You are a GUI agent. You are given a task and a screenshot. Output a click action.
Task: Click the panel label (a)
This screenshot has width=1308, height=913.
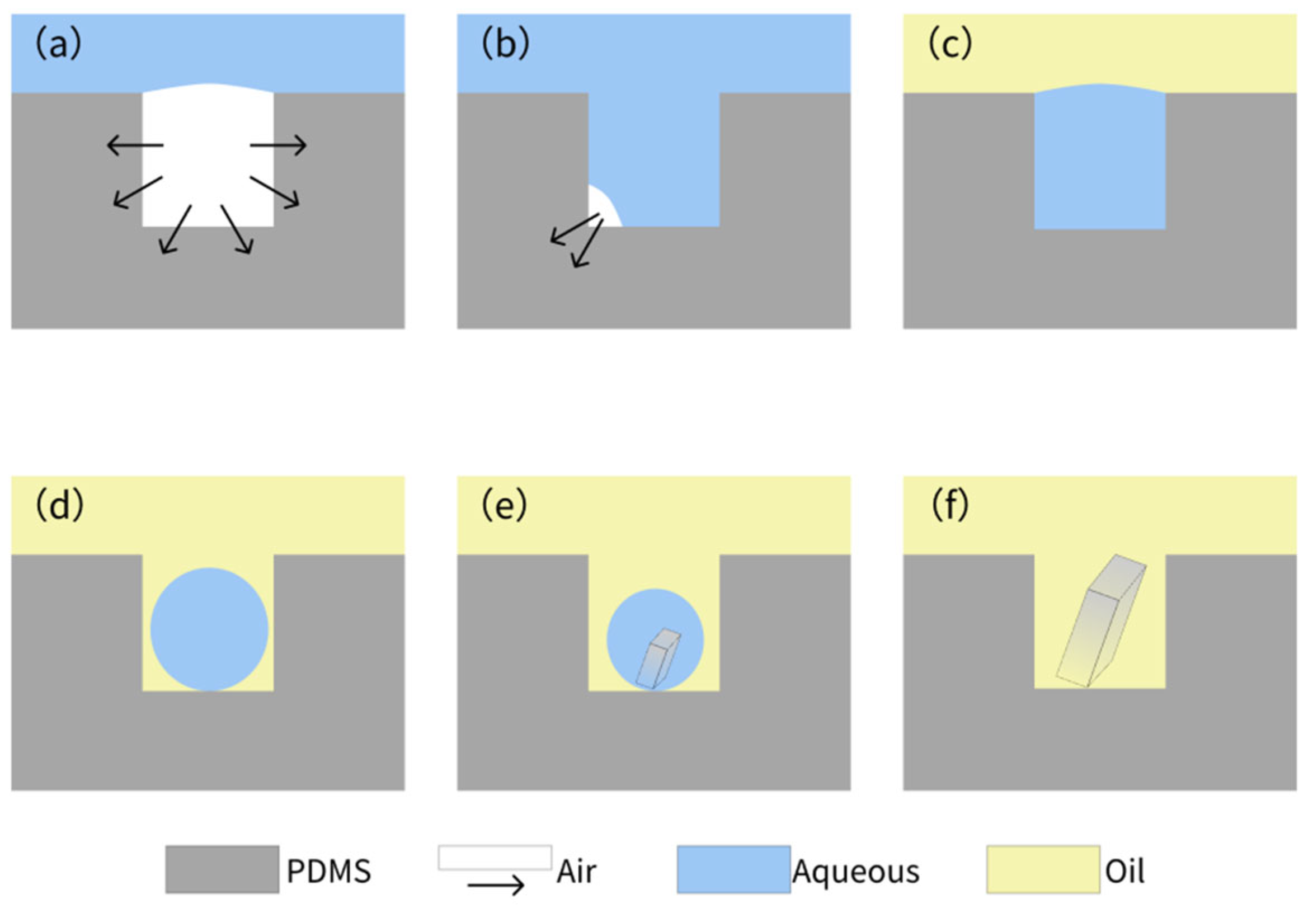click(x=58, y=45)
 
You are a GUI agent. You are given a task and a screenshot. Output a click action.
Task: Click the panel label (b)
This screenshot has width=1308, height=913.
click(x=505, y=45)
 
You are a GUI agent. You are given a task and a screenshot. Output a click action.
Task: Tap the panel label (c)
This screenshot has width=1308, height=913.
click(x=951, y=45)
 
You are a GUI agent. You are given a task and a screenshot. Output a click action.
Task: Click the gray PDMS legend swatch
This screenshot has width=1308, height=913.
click(x=222, y=869)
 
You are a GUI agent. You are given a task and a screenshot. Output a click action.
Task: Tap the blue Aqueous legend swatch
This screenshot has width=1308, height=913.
click(x=733, y=869)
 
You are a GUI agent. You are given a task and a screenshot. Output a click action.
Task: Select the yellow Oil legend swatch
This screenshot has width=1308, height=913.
click(x=1043, y=869)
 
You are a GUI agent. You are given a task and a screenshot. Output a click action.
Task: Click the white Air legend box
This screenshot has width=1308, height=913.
click(x=495, y=857)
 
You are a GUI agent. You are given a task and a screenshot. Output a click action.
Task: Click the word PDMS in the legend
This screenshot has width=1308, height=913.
click(x=329, y=872)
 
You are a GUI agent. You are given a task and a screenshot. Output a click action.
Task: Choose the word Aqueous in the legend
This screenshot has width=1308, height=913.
click(x=855, y=872)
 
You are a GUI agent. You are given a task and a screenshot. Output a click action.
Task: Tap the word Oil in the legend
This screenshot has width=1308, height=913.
click(x=1124, y=872)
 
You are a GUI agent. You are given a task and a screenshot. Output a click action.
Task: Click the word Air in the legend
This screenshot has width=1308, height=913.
click(x=577, y=872)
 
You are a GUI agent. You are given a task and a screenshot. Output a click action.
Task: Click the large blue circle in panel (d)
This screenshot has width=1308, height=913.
click(x=209, y=629)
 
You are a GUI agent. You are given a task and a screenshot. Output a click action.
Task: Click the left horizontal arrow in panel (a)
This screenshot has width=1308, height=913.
click(x=135, y=146)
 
